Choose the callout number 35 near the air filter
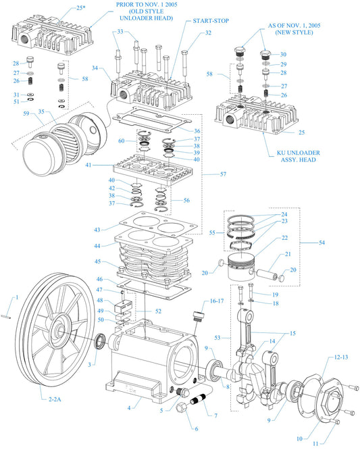point(42,111)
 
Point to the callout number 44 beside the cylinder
point(98,245)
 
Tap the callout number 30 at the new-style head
point(283,54)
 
